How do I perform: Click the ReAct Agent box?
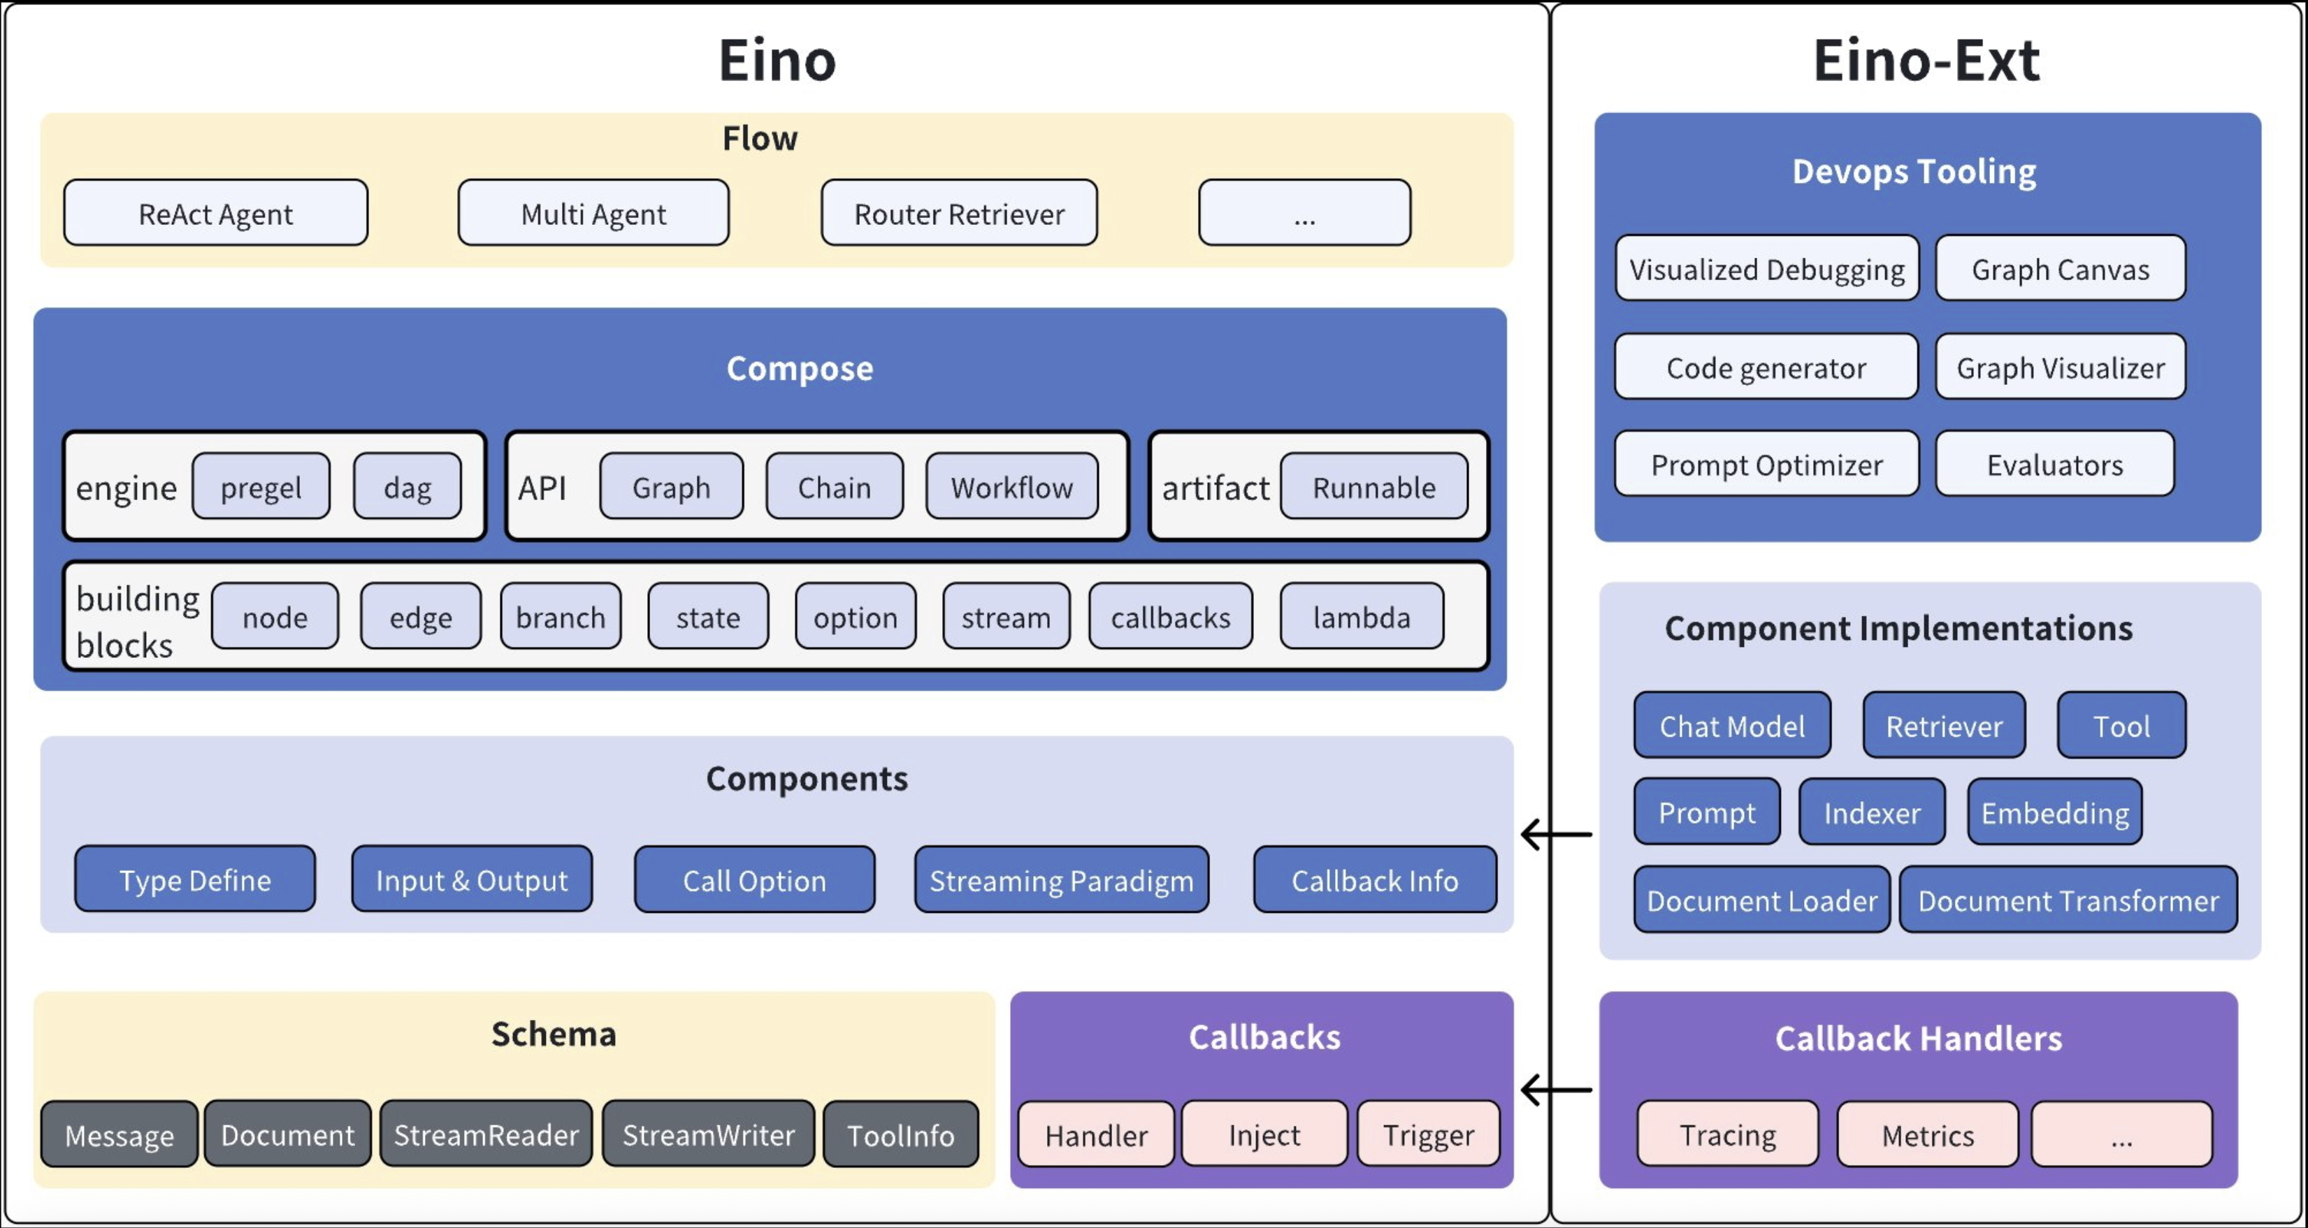click(215, 213)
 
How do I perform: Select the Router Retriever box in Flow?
click(959, 213)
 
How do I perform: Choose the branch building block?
click(560, 616)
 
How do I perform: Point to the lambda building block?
click(1361, 616)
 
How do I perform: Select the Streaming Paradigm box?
click(1061, 879)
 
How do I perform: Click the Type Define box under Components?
click(194, 879)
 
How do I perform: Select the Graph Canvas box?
click(2060, 269)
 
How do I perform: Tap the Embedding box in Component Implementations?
click(2054, 812)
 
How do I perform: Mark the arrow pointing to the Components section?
click(1557, 834)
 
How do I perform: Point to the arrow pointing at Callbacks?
click(1557, 1090)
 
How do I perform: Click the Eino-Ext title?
click(1926, 61)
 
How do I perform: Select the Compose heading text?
click(799, 368)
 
